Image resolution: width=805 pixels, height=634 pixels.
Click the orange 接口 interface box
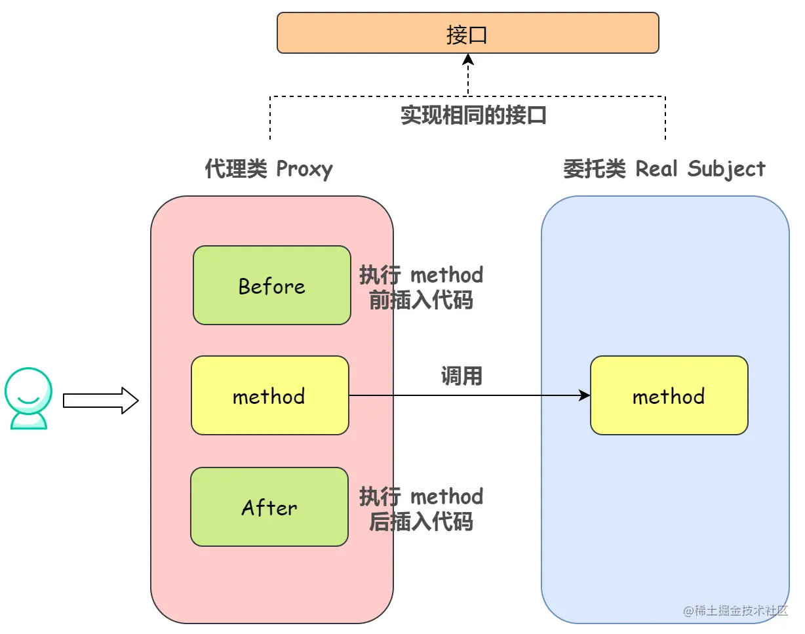467,33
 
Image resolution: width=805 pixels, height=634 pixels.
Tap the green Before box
272,285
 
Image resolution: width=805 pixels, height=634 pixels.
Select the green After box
269,507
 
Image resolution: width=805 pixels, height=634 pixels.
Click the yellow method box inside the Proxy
270,395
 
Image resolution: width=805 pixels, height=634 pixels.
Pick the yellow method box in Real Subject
669,395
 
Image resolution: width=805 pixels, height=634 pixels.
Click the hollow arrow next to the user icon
101,401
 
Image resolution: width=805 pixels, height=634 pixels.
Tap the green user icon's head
28,391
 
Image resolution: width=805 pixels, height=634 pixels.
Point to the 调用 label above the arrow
461,376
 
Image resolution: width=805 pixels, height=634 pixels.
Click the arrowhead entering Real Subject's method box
585,395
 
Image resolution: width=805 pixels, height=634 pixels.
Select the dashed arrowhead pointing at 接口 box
468,59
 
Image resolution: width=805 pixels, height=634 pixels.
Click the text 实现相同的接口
473,115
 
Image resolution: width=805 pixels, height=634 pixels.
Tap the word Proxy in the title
304,169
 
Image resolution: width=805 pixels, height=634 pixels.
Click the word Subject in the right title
726,168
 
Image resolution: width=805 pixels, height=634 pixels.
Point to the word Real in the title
656,168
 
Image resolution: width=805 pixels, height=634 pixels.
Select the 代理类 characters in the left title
236,168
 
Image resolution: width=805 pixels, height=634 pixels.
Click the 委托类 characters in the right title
595,168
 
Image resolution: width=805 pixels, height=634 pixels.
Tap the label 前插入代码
421,300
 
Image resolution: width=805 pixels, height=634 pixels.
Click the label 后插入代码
421,521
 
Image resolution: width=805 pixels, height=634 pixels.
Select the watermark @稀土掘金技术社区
736,611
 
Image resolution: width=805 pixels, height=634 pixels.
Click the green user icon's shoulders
29,422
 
